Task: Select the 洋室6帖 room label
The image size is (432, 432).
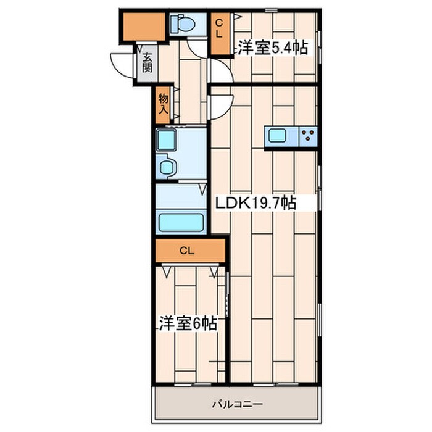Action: click(x=188, y=323)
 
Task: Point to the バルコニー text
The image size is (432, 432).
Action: click(x=238, y=405)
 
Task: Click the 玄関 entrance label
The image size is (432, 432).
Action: click(x=147, y=62)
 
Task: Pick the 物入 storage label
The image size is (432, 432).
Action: click(x=163, y=104)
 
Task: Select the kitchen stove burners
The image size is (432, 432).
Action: click(x=308, y=136)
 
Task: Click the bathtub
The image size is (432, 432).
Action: click(x=181, y=222)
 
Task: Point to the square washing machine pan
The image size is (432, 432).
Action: click(x=165, y=140)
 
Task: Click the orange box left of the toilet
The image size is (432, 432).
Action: click(x=141, y=25)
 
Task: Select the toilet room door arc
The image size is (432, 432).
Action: click(x=199, y=45)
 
